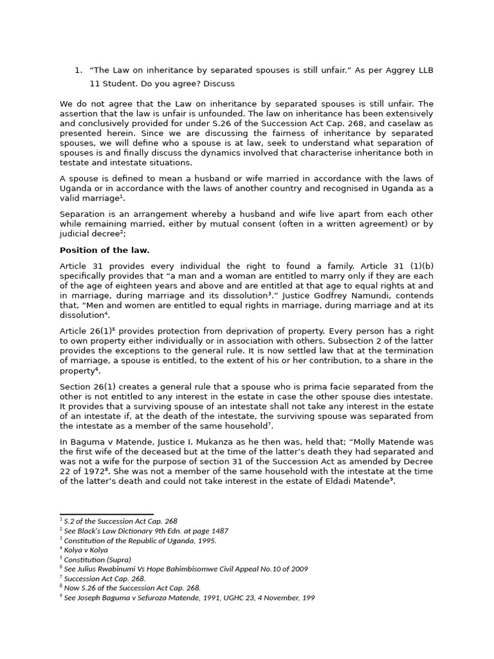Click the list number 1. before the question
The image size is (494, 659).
pyautogui.click(x=78, y=70)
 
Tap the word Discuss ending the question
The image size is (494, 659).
pyautogui.click(x=218, y=84)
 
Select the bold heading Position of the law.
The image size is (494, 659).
pyautogui.click(x=104, y=250)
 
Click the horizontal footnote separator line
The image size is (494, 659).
pyautogui.click(x=106, y=514)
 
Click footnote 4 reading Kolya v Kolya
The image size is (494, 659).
pyautogui.click(x=86, y=550)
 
